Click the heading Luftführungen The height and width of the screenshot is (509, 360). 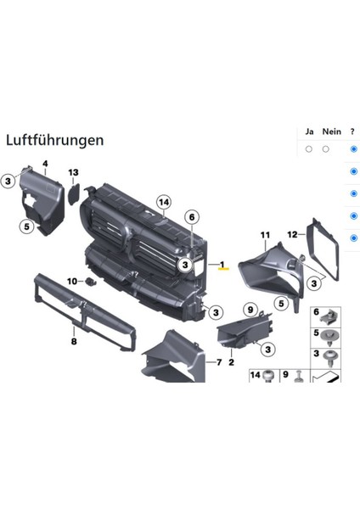pyautogui.click(x=54, y=139)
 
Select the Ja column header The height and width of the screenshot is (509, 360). pyautogui.click(x=308, y=131)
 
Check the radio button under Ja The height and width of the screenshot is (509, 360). pyautogui.click(x=308, y=148)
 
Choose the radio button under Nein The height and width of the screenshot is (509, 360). pyautogui.click(x=326, y=148)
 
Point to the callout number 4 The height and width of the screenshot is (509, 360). pyautogui.click(x=45, y=163)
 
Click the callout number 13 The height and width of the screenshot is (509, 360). pyautogui.click(x=74, y=173)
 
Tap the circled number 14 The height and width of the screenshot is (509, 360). pyautogui.click(x=164, y=201)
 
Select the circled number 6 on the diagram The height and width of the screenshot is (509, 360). pyautogui.click(x=192, y=217)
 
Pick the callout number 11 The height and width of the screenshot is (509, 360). pyautogui.click(x=264, y=234)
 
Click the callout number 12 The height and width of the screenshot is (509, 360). pyautogui.click(x=292, y=234)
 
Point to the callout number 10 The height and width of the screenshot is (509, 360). pyautogui.click(x=72, y=281)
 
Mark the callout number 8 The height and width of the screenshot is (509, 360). pyautogui.click(x=74, y=342)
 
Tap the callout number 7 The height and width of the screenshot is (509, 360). pyautogui.click(x=218, y=362)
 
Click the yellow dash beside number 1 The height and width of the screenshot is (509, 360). pyautogui.click(x=224, y=267)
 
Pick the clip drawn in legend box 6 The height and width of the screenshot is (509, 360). pyautogui.click(x=327, y=316)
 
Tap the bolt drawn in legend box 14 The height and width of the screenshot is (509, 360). pyautogui.click(x=268, y=377)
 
